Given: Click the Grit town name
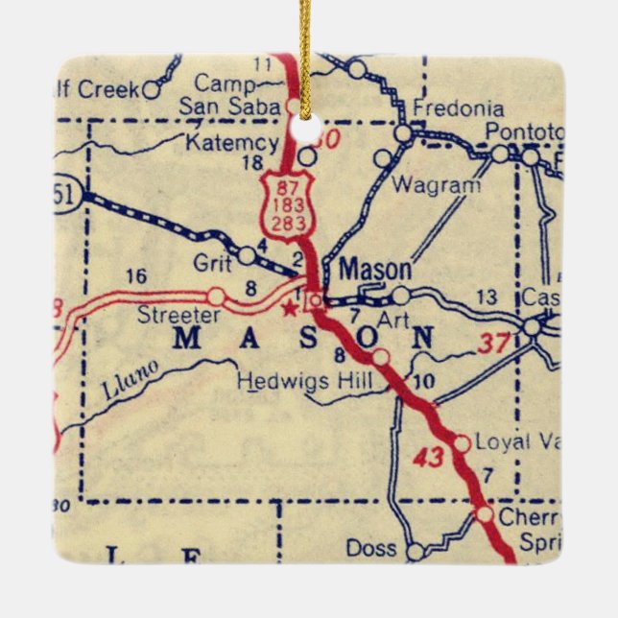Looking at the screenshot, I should click(211, 259).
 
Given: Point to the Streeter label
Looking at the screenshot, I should click(178, 314).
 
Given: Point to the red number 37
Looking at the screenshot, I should click(491, 341).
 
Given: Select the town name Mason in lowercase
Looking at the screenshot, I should click(375, 270).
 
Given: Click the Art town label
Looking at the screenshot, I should click(387, 316).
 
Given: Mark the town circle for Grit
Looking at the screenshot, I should click(248, 255).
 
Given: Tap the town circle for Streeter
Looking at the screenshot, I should click(217, 296).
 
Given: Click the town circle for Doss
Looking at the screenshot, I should click(415, 552).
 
